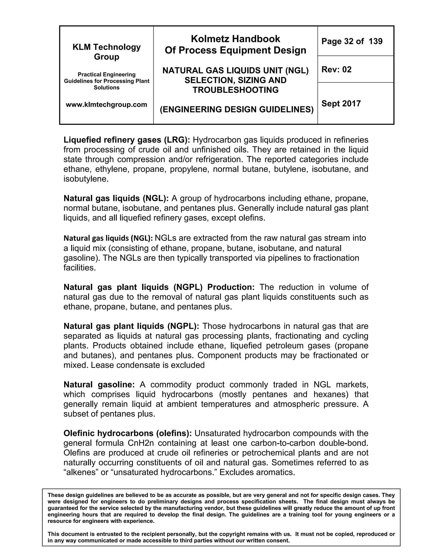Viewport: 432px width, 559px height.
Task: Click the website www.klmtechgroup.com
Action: point(107,105)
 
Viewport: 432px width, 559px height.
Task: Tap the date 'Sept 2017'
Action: point(341,103)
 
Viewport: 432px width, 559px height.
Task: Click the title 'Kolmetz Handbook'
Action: point(235,39)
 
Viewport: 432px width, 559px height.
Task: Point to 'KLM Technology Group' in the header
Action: point(107,52)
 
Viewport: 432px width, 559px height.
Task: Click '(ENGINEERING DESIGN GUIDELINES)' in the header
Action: point(237,109)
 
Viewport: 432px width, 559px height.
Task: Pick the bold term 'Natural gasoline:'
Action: point(99,385)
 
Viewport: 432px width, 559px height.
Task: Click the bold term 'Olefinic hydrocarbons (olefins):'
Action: point(127,433)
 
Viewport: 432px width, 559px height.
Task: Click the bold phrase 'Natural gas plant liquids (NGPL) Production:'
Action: point(159,287)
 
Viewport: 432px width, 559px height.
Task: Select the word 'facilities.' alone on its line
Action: point(80,268)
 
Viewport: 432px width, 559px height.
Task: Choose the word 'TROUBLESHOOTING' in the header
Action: point(235,90)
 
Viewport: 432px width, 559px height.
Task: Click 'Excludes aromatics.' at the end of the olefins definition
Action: point(257,472)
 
